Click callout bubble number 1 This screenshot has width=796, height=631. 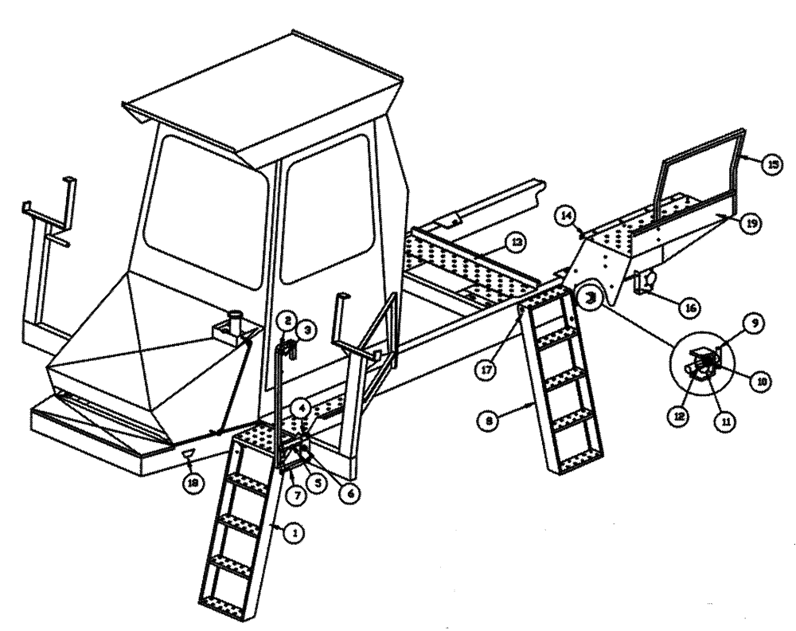tap(294, 535)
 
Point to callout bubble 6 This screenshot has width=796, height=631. tap(348, 493)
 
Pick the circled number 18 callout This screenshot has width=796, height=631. tap(191, 481)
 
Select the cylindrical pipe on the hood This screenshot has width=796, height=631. tap(236, 325)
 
